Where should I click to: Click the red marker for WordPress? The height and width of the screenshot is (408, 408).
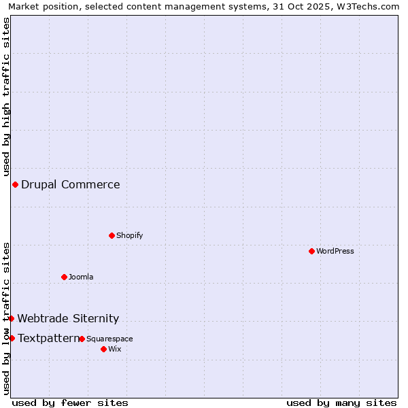coord(311,251)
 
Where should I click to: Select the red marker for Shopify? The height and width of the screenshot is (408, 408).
coord(112,235)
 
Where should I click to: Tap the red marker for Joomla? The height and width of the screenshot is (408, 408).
coord(64,277)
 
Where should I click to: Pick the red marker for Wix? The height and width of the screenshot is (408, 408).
coord(103,349)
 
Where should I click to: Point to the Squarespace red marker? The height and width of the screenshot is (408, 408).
coord(82,339)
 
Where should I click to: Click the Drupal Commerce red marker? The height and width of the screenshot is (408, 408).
coord(15,184)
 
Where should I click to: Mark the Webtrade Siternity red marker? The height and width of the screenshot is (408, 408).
coord(11,318)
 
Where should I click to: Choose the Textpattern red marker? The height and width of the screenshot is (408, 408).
coord(12,338)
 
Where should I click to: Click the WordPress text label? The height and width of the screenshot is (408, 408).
coord(335,251)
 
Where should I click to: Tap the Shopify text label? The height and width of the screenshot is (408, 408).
coord(130,235)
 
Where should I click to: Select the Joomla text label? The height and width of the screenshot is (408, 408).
coord(81,277)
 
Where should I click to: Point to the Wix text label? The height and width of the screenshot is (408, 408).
coord(114,349)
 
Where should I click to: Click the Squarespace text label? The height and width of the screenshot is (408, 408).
coord(109,339)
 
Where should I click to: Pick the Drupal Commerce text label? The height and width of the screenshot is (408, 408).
coord(71,184)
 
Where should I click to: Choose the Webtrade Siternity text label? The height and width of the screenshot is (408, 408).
coord(68,318)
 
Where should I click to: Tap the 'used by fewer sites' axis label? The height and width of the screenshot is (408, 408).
coord(70,403)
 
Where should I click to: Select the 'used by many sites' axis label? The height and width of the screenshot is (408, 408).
coord(341,403)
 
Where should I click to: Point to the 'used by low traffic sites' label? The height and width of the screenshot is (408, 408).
coord(6,318)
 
